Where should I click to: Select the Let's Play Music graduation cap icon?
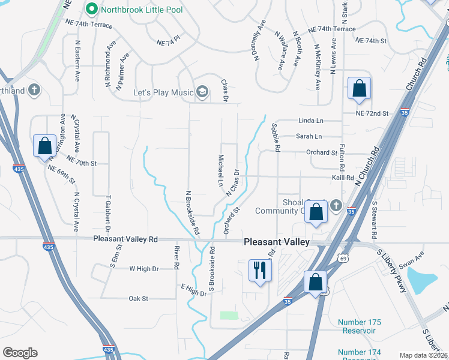click(x=203, y=92)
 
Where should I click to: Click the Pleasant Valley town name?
click(x=277, y=242)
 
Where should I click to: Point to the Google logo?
click(x=20, y=352)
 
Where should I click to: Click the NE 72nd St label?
click(x=372, y=113)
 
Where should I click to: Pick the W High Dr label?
click(x=144, y=269)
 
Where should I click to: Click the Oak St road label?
click(x=138, y=298)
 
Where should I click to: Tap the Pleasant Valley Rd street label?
click(x=125, y=239)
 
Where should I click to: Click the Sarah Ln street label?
click(x=309, y=136)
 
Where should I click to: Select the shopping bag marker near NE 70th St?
click(x=44, y=146)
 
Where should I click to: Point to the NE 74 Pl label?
click(x=169, y=43)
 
